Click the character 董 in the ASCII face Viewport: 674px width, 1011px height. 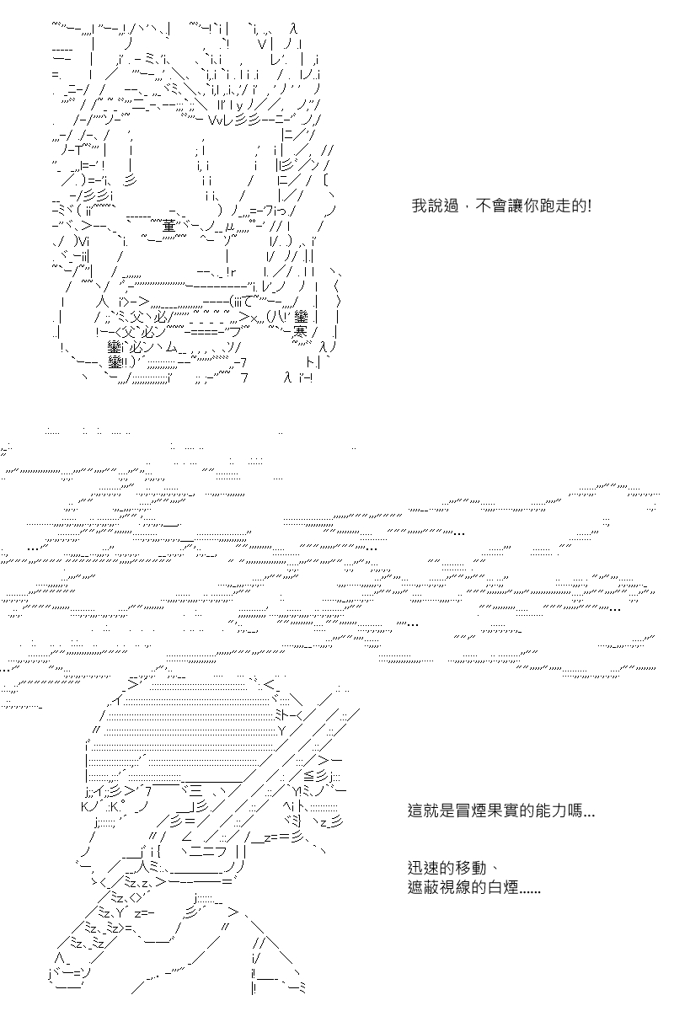coord(168,225)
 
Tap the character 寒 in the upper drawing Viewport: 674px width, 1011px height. coord(300,332)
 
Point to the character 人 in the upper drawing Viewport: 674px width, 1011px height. coord(101,301)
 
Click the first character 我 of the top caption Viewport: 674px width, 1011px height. coord(420,206)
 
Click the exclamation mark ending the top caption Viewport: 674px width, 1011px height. coord(589,206)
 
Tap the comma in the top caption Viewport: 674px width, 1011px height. coord(468,207)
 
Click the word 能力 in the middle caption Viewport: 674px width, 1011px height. coord(551,810)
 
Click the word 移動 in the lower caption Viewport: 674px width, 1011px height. coord(471,868)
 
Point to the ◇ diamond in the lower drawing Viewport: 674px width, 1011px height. coord(134,898)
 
